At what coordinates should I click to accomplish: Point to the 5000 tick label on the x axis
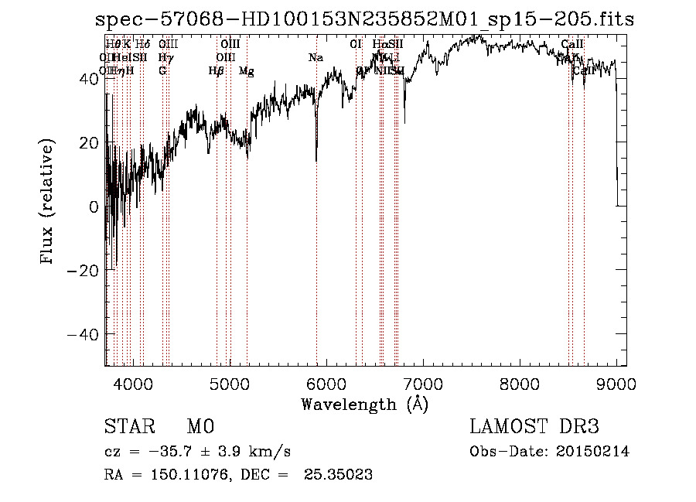click(229, 383)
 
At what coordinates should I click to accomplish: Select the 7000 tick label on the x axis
click(423, 383)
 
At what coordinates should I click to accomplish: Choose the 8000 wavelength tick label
click(520, 383)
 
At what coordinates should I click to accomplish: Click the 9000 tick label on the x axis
click(616, 383)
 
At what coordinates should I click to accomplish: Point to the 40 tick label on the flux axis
click(87, 79)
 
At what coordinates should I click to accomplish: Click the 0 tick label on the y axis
click(93, 207)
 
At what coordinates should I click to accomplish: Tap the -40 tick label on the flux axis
click(82, 334)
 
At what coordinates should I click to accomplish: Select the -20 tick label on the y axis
click(82, 270)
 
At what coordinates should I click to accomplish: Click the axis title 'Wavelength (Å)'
click(364, 404)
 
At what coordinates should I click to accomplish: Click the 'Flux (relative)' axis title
click(48, 203)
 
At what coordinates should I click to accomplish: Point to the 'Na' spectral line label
click(316, 58)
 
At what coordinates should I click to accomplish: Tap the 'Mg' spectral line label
click(246, 71)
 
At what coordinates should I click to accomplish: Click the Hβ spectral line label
click(216, 71)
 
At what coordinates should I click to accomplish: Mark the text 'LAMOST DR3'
click(534, 427)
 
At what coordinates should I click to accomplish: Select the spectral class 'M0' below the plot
click(200, 427)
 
